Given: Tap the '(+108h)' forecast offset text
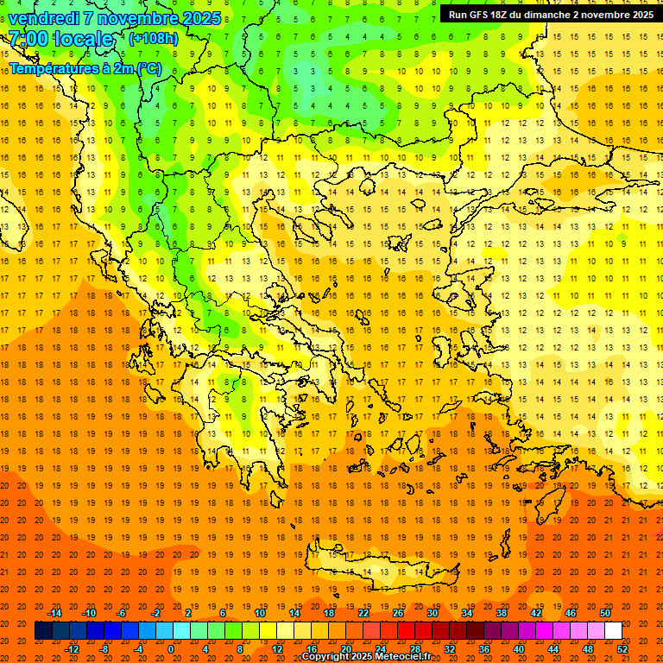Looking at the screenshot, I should coord(153,39).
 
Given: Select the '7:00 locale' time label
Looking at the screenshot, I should coord(60,39).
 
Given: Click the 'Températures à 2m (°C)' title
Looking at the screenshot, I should coord(85,68).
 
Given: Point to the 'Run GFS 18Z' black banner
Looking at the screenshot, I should coord(551,14).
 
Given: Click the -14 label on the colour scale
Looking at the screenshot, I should coord(54,613).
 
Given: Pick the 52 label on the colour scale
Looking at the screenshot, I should coord(622,649).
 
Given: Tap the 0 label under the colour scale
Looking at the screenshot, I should coord(171,649).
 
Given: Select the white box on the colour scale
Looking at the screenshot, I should coord(613,631).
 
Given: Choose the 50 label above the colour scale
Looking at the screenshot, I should coord(605,613).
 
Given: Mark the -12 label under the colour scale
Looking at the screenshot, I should coord(73,649).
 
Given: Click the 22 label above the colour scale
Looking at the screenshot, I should coord(363,613).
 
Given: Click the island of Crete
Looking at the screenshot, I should coord(388,571).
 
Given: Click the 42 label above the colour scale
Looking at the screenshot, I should coord(536,613).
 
